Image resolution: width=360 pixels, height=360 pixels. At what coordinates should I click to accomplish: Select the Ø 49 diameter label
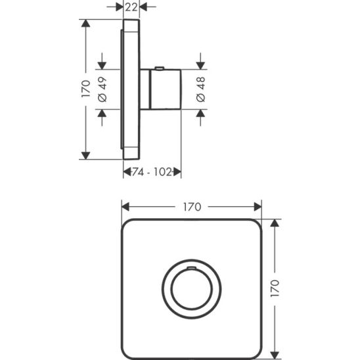(102, 89)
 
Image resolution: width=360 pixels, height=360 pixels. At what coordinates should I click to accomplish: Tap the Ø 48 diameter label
(201, 89)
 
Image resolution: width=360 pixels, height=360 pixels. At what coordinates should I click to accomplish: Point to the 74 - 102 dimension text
(152, 171)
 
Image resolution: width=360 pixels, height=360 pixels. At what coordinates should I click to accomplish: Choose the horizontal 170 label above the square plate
(191, 206)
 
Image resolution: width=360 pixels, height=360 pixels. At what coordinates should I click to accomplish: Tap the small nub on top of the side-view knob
(160, 68)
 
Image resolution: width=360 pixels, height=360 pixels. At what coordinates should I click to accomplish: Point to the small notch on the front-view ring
(191, 269)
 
